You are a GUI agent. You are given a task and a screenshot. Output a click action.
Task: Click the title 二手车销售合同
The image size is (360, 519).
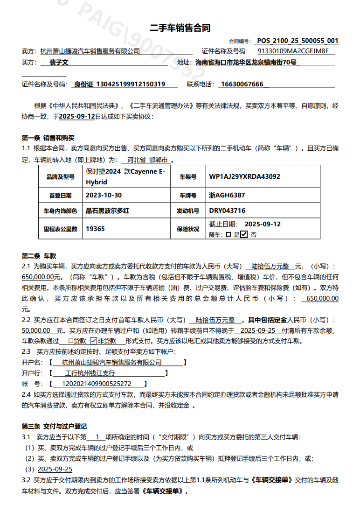pos(180,28)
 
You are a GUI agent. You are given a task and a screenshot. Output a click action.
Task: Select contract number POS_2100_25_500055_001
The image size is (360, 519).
pos(298,41)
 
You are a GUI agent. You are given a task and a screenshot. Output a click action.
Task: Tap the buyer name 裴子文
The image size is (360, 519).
pos(59,62)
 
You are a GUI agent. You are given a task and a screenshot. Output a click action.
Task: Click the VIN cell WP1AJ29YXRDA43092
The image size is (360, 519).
pos(245,177)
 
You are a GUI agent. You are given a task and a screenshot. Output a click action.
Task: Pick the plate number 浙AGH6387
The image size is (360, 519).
pos(227,195)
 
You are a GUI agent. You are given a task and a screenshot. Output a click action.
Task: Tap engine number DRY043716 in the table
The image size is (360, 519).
pos(227,211)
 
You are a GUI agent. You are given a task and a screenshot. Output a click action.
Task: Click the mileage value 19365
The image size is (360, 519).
pos(96,229)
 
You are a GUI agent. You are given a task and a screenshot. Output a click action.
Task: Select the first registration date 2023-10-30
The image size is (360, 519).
pos(104,195)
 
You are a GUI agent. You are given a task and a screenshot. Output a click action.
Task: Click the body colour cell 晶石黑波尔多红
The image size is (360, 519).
pos(108,211)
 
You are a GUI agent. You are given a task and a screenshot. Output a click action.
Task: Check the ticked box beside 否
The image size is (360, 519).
pos(244,235)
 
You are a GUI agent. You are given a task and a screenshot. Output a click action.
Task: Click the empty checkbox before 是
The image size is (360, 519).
pos(228,235)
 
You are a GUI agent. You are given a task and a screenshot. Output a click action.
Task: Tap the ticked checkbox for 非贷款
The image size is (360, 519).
pos(93,341)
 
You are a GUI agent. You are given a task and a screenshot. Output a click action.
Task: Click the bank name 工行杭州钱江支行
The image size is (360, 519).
pos(90,373)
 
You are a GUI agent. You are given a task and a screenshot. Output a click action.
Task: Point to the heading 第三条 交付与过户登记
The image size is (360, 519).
pos(54,427)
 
